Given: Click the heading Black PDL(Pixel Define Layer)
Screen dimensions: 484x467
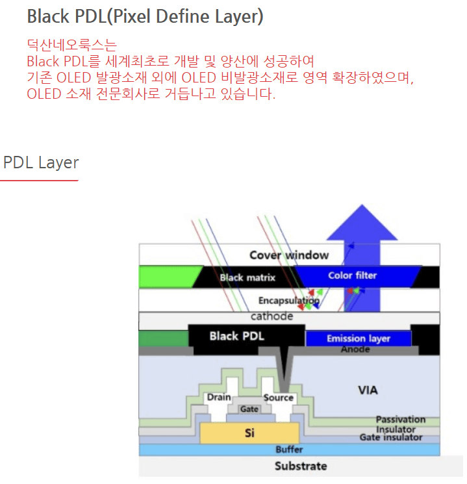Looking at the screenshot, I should pos(145,16).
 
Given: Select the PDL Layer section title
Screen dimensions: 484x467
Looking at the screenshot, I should pos(41,162).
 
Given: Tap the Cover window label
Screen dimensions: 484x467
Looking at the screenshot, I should pos(289,255).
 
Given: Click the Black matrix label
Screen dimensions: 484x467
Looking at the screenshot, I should pos(247,278).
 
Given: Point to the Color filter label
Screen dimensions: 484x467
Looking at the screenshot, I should pos(352,275).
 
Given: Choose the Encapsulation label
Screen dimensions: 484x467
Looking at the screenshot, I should pos(288,301).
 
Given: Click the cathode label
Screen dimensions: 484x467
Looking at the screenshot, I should pos(271,317).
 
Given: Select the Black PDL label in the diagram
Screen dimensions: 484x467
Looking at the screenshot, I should pos(236,337).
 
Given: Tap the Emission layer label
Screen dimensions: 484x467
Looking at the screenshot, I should pos(359,338).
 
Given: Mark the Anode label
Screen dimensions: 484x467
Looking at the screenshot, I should pos(355,350).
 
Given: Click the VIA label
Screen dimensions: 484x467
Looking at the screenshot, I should pos(368,390).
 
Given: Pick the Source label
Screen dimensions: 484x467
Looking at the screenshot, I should pos(279,398).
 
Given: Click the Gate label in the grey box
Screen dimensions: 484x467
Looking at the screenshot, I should pos(249,409).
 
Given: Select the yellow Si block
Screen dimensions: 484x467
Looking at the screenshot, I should pos(249,432).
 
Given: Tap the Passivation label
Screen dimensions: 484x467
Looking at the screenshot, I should pos(400,420).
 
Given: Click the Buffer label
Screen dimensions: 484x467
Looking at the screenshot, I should pos(289,450).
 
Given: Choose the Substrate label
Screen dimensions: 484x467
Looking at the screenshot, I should pos(301,466).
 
